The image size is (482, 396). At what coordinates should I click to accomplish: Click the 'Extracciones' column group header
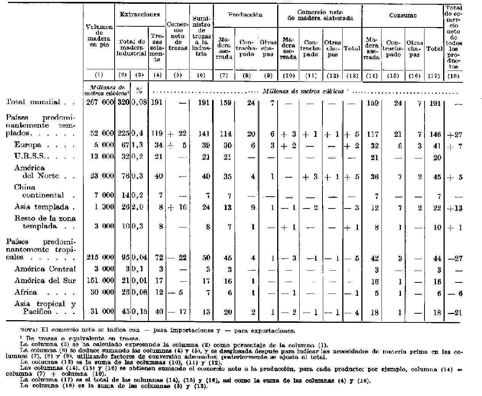tap(139, 14)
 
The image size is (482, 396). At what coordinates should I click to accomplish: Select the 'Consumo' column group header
tap(402, 16)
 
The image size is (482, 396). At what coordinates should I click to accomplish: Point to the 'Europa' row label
tap(28, 145)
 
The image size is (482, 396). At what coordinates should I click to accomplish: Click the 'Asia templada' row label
tap(41, 207)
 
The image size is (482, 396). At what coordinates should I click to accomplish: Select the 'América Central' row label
tap(45, 269)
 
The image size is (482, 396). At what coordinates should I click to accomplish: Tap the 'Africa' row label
tap(26, 292)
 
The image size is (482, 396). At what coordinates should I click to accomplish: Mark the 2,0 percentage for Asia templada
tap(139, 207)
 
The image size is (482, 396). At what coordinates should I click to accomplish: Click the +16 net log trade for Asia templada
tap(177, 207)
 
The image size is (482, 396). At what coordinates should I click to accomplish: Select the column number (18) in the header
tap(453, 75)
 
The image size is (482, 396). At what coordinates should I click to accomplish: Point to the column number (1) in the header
tap(99, 75)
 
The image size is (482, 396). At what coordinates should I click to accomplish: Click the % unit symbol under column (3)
tap(139, 91)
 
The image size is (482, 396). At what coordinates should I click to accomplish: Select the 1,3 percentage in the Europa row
tap(139, 145)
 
